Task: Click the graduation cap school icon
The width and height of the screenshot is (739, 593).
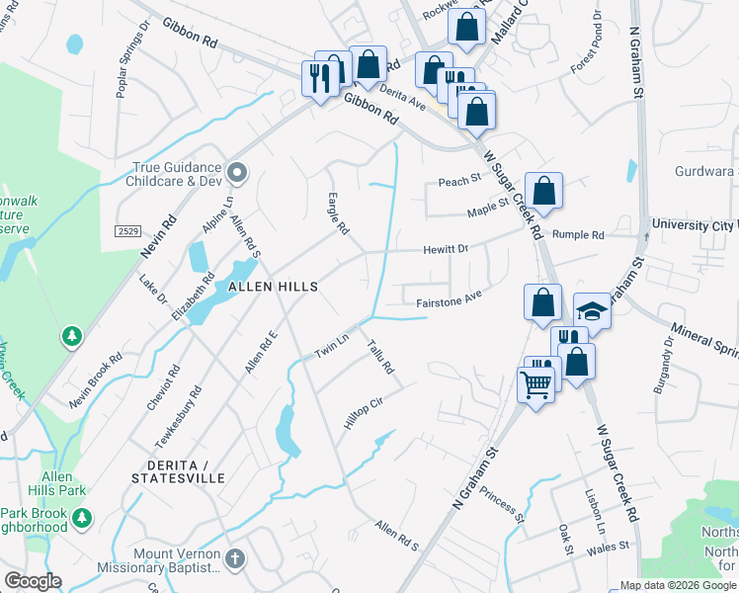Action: tap(593, 310)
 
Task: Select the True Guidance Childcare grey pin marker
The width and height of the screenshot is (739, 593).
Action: tap(236, 174)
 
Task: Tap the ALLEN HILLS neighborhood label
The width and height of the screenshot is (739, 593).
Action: tap(273, 287)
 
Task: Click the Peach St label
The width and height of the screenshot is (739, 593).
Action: tap(458, 181)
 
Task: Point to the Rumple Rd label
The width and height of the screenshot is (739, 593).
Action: tap(578, 235)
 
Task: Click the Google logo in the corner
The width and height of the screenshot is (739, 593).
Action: tap(33, 581)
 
